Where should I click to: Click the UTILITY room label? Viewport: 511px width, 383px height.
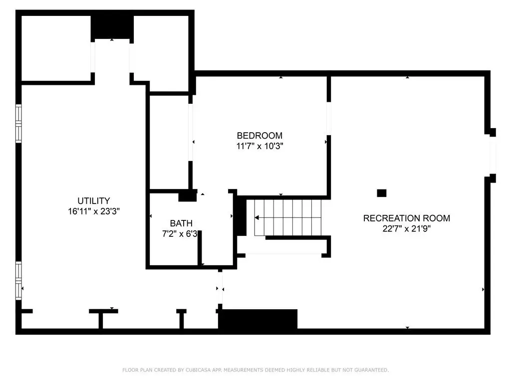(93, 200)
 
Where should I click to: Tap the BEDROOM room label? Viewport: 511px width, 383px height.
(259, 136)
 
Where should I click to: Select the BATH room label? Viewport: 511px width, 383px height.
(181, 223)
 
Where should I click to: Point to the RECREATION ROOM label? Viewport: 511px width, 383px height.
(406, 218)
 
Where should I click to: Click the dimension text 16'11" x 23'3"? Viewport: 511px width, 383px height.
(93, 211)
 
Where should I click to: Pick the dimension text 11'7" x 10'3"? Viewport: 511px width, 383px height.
(259, 146)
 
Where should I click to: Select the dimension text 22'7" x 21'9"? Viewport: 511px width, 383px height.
(406, 228)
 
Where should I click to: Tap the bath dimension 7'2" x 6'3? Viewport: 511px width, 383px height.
(180, 234)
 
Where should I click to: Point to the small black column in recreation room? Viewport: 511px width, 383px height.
(382, 193)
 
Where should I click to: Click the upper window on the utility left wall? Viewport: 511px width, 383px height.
(18, 124)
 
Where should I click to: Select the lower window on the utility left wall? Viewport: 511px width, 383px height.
(18, 281)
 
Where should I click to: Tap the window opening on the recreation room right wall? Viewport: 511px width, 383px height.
(493, 155)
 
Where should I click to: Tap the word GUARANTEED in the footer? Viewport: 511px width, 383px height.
(371, 370)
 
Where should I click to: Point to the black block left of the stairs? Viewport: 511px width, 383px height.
(241, 215)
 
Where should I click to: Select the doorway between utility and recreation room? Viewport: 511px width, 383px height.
(220, 288)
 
